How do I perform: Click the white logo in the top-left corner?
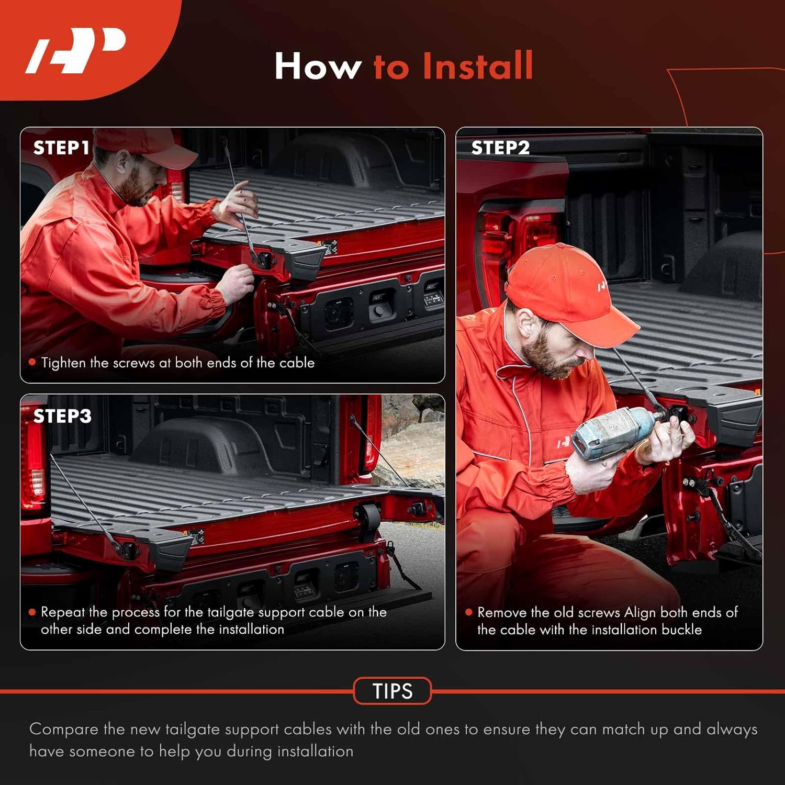pyautogui.click(x=76, y=51)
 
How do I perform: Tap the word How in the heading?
pyautogui.click(x=318, y=66)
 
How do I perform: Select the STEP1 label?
pyautogui.click(x=61, y=148)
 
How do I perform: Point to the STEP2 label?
pyautogui.click(x=500, y=148)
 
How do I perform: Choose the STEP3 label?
pyautogui.click(x=62, y=416)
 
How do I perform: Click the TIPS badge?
pyautogui.click(x=392, y=691)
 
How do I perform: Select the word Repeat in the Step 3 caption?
pyautogui.click(x=63, y=612)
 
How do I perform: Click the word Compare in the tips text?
pyautogui.click(x=64, y=730)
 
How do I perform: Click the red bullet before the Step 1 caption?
pyautogui.click(x=32, y=362)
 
